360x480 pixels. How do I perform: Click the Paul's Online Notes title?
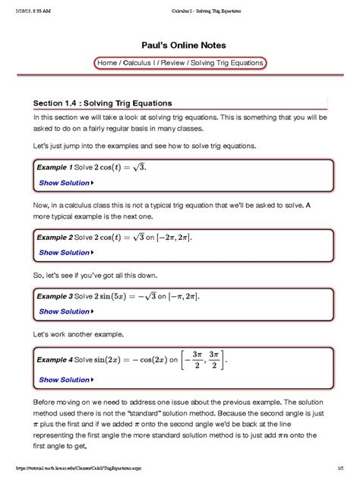[180, 45]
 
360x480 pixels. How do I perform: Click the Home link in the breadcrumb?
[109, 63]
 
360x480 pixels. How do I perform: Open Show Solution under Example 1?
[65, 183]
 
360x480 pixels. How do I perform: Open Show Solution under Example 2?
[65, 253]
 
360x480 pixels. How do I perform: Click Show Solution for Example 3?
[65, 311]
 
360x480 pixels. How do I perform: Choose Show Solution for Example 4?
[65, 380]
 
